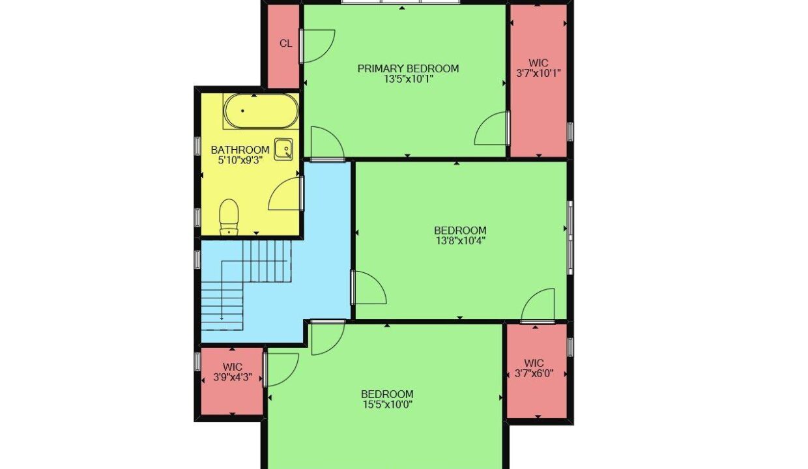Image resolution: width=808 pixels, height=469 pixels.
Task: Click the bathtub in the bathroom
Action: (x=261, y=111)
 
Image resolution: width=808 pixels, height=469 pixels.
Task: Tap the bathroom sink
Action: (x=283, y=149)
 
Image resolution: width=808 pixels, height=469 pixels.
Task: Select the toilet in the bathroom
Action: (x=229, y=217)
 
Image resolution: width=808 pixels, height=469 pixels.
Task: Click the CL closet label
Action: (x=285, y=44)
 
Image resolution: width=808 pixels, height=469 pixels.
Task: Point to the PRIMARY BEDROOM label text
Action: (x=408, y=68)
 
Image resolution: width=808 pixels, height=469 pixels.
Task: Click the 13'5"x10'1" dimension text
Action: (x=409, y=79)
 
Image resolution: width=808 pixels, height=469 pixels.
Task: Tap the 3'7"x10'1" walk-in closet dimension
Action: (x=538, y=74)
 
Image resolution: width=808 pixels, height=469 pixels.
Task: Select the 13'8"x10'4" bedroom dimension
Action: (x=460, y=241)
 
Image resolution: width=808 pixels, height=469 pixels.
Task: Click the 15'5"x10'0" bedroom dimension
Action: (x=387, y=405)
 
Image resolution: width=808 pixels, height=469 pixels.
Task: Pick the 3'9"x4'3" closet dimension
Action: (x=232, y=377)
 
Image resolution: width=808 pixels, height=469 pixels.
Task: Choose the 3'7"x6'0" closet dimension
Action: (x=534, y=373)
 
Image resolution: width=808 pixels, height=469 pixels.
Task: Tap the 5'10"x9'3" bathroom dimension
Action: (x=240, y=160)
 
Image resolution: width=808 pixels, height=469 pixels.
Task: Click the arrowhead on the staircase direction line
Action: (x=222, y=318)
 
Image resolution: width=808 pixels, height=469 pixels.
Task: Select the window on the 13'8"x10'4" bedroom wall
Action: (x=570, y=238)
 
